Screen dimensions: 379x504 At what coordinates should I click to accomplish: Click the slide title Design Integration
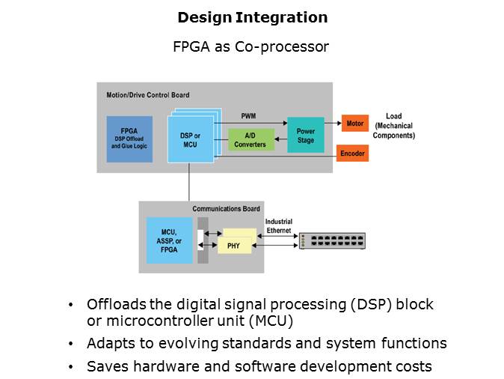point(252,17)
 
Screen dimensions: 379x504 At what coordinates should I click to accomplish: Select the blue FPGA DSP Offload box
point(130,139)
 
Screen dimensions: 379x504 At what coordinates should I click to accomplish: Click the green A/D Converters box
point(250,139)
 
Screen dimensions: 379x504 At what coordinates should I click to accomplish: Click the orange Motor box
point(354,123)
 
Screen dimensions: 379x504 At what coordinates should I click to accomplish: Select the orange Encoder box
point(352,153)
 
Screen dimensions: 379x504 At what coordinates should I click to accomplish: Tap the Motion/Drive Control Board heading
point(144,95)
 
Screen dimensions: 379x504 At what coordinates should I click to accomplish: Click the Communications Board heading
point(226,208)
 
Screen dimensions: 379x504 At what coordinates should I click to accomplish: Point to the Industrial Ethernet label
point(279,225)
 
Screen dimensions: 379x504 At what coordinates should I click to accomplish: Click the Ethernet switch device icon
point(332,240)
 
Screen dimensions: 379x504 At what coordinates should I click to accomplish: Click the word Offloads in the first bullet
point(116,305)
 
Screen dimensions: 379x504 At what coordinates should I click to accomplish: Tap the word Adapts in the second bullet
point(109,344)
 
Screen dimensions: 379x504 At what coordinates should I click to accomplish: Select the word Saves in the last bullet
point(106,367)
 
